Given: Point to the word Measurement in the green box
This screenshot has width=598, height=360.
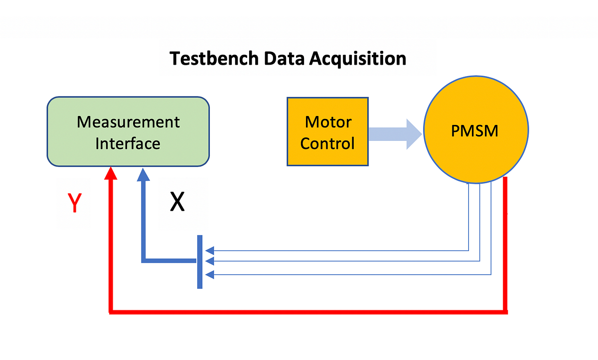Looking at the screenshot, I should pos(128,122).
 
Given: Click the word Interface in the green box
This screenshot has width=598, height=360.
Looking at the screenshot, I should pos(128,144).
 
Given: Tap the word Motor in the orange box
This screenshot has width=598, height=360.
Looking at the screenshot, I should pos(328,122).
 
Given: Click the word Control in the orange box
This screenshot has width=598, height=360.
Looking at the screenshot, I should pos(328,144).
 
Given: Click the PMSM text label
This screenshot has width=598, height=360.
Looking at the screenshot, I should pos(475,131).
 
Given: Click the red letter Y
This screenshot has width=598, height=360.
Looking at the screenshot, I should pos(74,204).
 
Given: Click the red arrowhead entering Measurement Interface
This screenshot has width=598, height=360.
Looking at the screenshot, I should pos(111,173).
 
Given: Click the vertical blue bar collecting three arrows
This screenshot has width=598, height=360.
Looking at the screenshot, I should pos(200,261).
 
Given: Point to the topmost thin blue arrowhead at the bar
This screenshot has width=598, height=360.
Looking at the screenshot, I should pos(210,250).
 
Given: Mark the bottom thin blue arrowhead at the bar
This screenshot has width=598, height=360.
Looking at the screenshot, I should pos(210,274).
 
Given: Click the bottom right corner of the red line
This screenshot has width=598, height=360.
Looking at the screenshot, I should pos(506,312).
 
